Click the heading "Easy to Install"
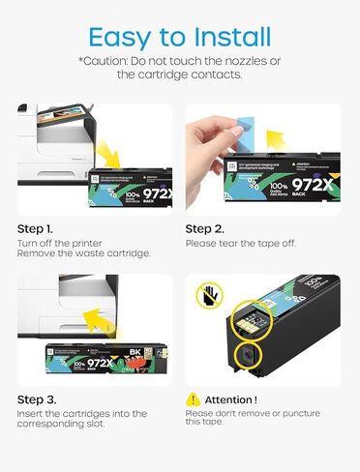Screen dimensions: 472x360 180,36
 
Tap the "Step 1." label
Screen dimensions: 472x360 41,229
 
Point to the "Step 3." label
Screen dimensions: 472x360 41,398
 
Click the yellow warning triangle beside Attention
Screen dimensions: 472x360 194,398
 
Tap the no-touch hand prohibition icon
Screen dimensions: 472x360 206,293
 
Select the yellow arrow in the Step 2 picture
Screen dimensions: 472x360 232,156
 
